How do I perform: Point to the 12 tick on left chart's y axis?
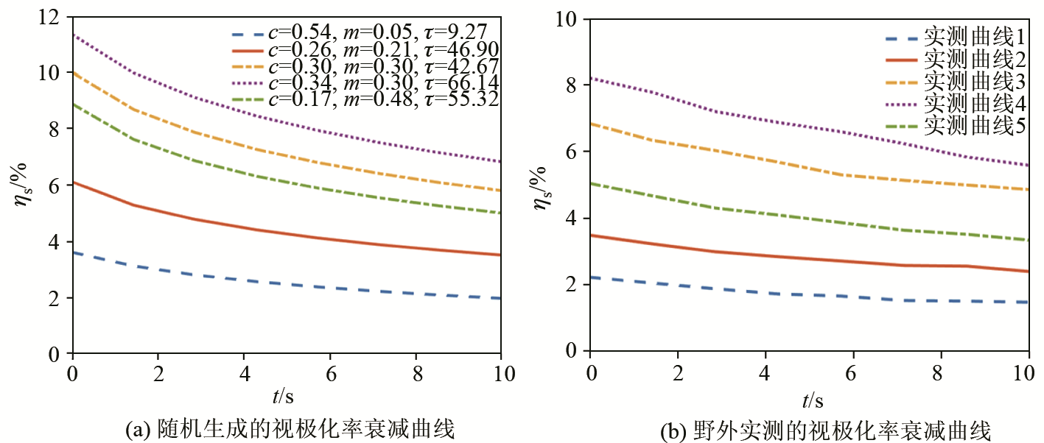tap(56, 17)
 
